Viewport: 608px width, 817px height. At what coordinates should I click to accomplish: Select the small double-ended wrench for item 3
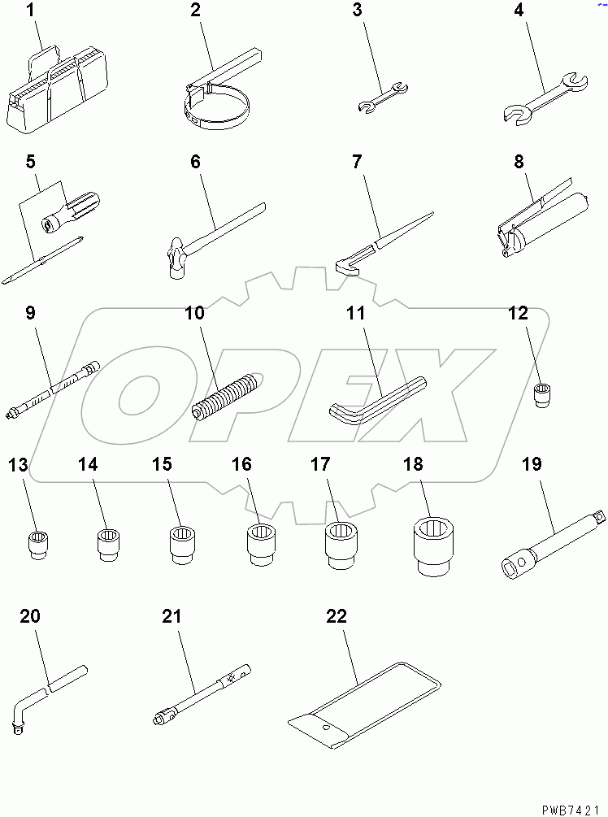pyautogui.click(x=381, y=96)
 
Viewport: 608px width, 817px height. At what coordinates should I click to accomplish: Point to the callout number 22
pyautogui.click(x=336, y=616)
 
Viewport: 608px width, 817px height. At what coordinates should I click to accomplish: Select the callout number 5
pyautogui.click(x=30, y=162)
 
